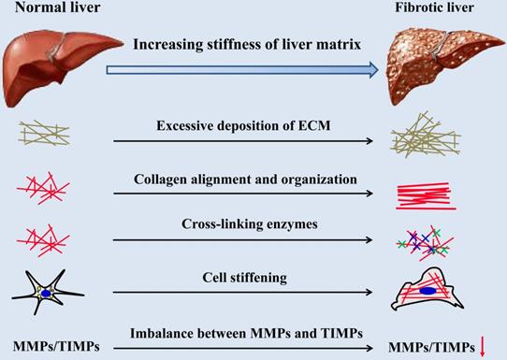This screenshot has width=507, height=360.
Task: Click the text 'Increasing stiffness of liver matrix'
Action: tap(246, 45)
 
